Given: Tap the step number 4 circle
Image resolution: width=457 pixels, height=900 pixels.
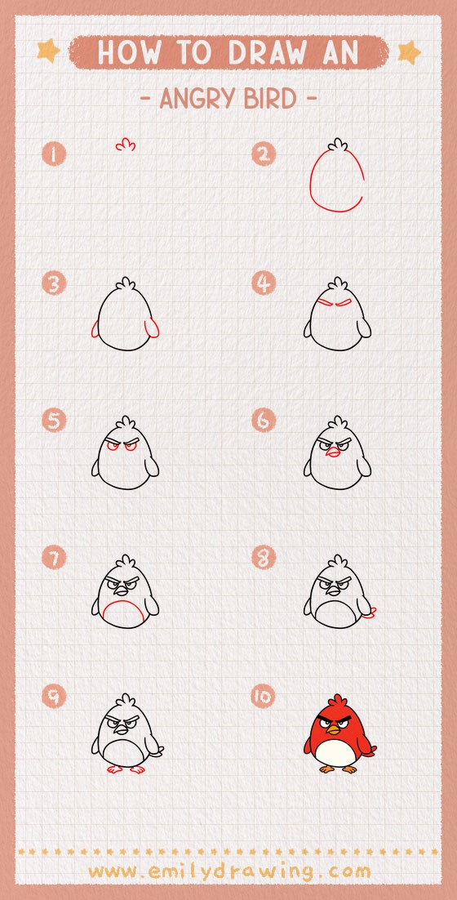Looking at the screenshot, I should tap(263, 284).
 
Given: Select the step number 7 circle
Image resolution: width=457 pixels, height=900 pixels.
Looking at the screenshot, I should tap(54, 559).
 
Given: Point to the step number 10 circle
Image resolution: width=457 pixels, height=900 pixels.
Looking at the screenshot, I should tap(263, 697).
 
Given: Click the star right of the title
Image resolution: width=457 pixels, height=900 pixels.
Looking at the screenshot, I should tap(409, 52).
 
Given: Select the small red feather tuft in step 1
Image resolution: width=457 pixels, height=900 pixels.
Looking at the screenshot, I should tap(125, 145).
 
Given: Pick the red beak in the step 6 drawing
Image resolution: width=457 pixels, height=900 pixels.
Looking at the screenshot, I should tap(331, 453).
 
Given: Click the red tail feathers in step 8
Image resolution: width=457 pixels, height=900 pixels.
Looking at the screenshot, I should tap(374, 612).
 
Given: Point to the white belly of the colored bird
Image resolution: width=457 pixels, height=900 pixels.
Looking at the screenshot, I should tap(336, 752).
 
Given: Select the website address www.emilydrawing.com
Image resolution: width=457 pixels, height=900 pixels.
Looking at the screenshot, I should tap(228, 871).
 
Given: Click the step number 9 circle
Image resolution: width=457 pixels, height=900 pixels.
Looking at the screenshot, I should tap(54, 697).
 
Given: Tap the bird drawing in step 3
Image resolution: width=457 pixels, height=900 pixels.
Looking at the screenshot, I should tap(125, 319).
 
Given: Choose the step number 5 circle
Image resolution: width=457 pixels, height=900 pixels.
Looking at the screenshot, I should tap(54, 421).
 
